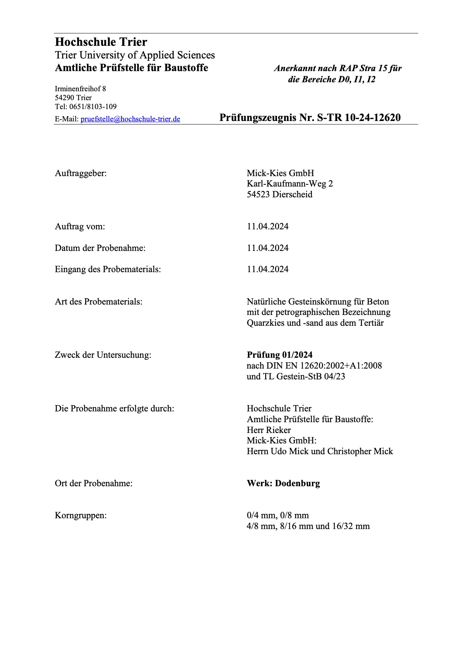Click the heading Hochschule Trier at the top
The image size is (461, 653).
click(x=101, y=42)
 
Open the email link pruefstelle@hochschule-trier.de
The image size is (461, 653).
click(x=130, y=119)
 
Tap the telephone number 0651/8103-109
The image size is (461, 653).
click(x=93, y=107)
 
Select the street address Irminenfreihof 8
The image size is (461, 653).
click(x=80, y=89)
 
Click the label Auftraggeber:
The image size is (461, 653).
click(x=81, y=173)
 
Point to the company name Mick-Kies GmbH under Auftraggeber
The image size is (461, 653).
click(x=280, y=173)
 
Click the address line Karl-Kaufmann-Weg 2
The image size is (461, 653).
click(x=290, y=184)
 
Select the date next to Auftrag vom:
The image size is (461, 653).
click(x=268, y=227)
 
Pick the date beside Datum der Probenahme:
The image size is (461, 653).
click(x=268, y=248)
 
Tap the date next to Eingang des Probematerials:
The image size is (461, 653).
click(x=268, y=269)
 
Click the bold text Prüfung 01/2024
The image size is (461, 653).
click(x=280, y=355)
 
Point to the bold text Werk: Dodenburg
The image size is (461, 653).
click(x=283, y=484)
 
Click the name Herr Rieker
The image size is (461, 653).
click(x=269, y=430)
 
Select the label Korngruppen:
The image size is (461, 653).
click(x=81, y=516)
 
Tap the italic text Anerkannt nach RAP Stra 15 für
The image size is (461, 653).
click(x=338, y=69)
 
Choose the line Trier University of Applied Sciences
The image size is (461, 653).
click(x=135, y=55)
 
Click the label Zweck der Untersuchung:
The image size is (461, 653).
click(x=103, y=355)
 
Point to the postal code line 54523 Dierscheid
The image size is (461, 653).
click(x=280, y=194)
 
